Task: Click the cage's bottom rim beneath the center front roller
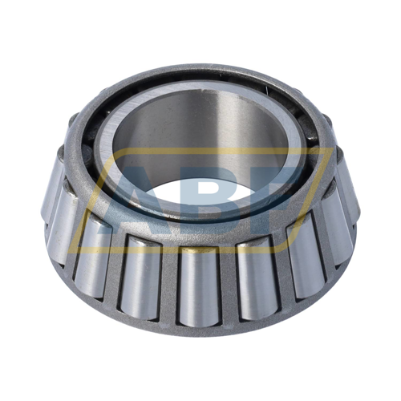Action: tap(197, 331)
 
